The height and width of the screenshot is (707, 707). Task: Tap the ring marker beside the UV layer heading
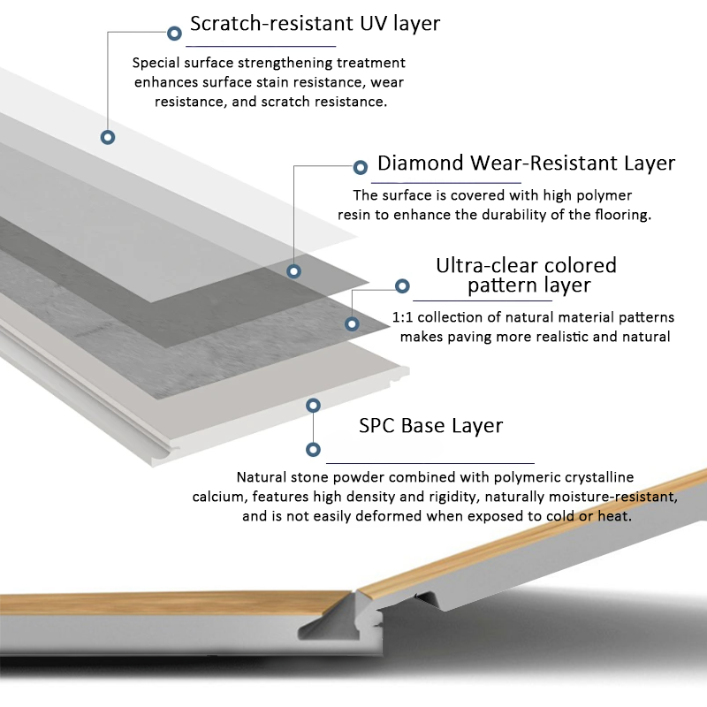pyautogui.click(x=174, y=34)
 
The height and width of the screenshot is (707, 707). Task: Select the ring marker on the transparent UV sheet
pyautogui.click(x=108, y=137)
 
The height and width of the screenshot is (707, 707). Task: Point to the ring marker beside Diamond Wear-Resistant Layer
pyautogui.click(x=360, y=167)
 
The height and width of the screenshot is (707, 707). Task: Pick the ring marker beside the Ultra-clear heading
pyautogui.click(x=402, y=286)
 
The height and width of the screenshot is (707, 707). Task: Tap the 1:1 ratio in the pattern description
pyautogui.click(x=402, y=317)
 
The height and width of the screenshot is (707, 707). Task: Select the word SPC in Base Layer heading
pyautogui.click(x=377, y=425)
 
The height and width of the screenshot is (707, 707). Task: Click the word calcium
pyautogui.click(x=217, y=497)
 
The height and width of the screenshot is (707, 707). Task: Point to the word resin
pyautogui.click(x=355, y=215)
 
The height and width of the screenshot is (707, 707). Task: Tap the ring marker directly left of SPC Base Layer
pyautogui.click(x=312, y=406)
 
